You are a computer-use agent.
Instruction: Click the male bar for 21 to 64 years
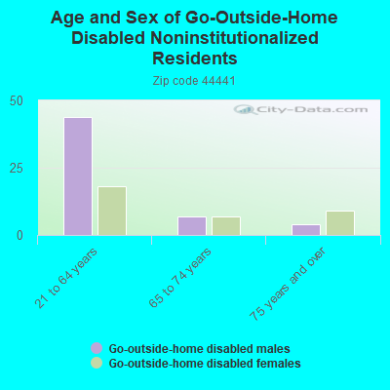tap(78, 176)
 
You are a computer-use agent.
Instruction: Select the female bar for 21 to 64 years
tap(112, 211)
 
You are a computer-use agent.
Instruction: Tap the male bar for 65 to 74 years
tap(192, 226)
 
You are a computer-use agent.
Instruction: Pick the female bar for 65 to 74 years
tap(226, 226)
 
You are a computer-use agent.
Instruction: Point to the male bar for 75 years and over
tap(306, 230)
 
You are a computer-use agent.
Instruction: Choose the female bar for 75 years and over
tap(340, 223)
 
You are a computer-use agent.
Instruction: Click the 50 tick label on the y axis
tap(17, 100)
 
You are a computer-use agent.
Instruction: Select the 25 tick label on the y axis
tap(17, 168)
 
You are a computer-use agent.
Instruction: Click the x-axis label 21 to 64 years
tap(74, 277)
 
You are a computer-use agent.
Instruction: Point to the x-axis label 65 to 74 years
tap(188, 277)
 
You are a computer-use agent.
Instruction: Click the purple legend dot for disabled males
tap(97, 348)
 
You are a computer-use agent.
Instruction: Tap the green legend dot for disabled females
tap(97, 363)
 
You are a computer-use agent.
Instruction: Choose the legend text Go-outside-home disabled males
tap(199, 348)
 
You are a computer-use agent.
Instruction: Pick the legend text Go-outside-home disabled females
tap(204, 363)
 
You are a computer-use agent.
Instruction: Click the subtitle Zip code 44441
tap(195, 81)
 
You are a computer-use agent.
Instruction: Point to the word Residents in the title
tap(195, 58)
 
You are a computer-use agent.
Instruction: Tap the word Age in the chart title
tap(70, 18)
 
